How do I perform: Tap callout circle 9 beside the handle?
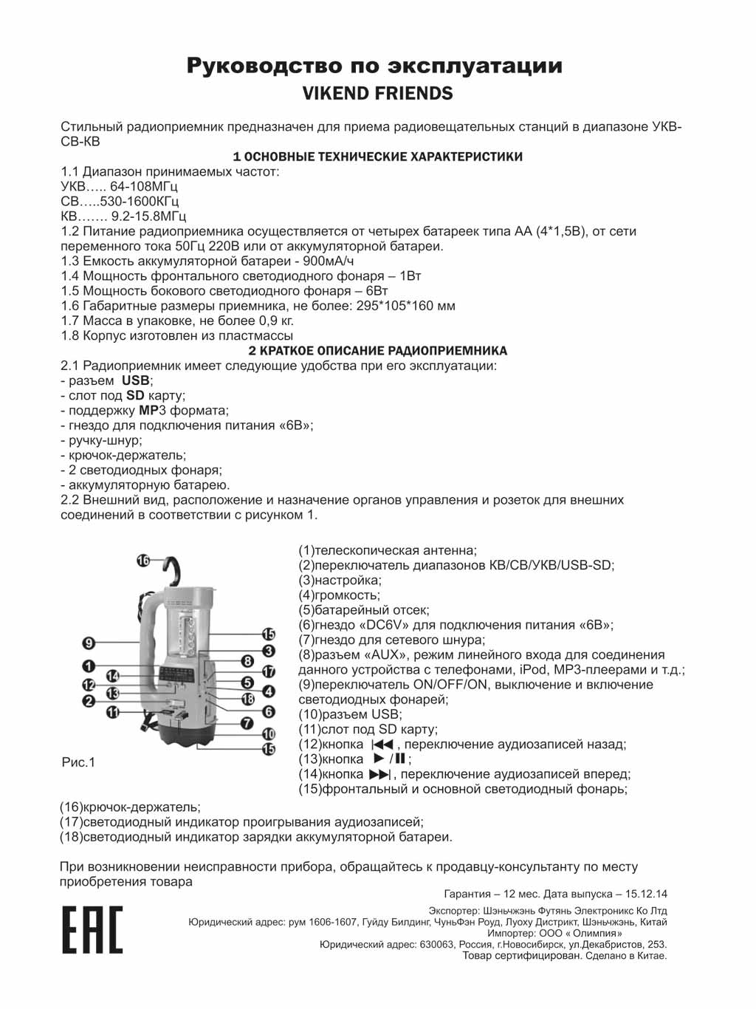click(x=89, y=643)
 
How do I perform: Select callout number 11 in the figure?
click(x=113, y=712)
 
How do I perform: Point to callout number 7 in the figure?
click(x=248, y=723)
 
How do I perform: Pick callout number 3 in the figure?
click(x=269, y=651)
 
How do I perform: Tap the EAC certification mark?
click(x=92, y=929)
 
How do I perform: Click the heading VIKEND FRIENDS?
click(x=377, y=94)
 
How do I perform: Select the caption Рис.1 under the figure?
click(x=78, y=762)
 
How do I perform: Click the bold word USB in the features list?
click(x=136, y=380)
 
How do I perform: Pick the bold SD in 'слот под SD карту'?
click(x=135, y=395)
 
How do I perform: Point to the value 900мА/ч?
click(x=322, y=261)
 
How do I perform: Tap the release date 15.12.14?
click(x=642, y=893)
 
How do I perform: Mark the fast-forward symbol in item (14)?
click(x=378, y=774)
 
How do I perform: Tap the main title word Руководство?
click(x=255, y=66)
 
